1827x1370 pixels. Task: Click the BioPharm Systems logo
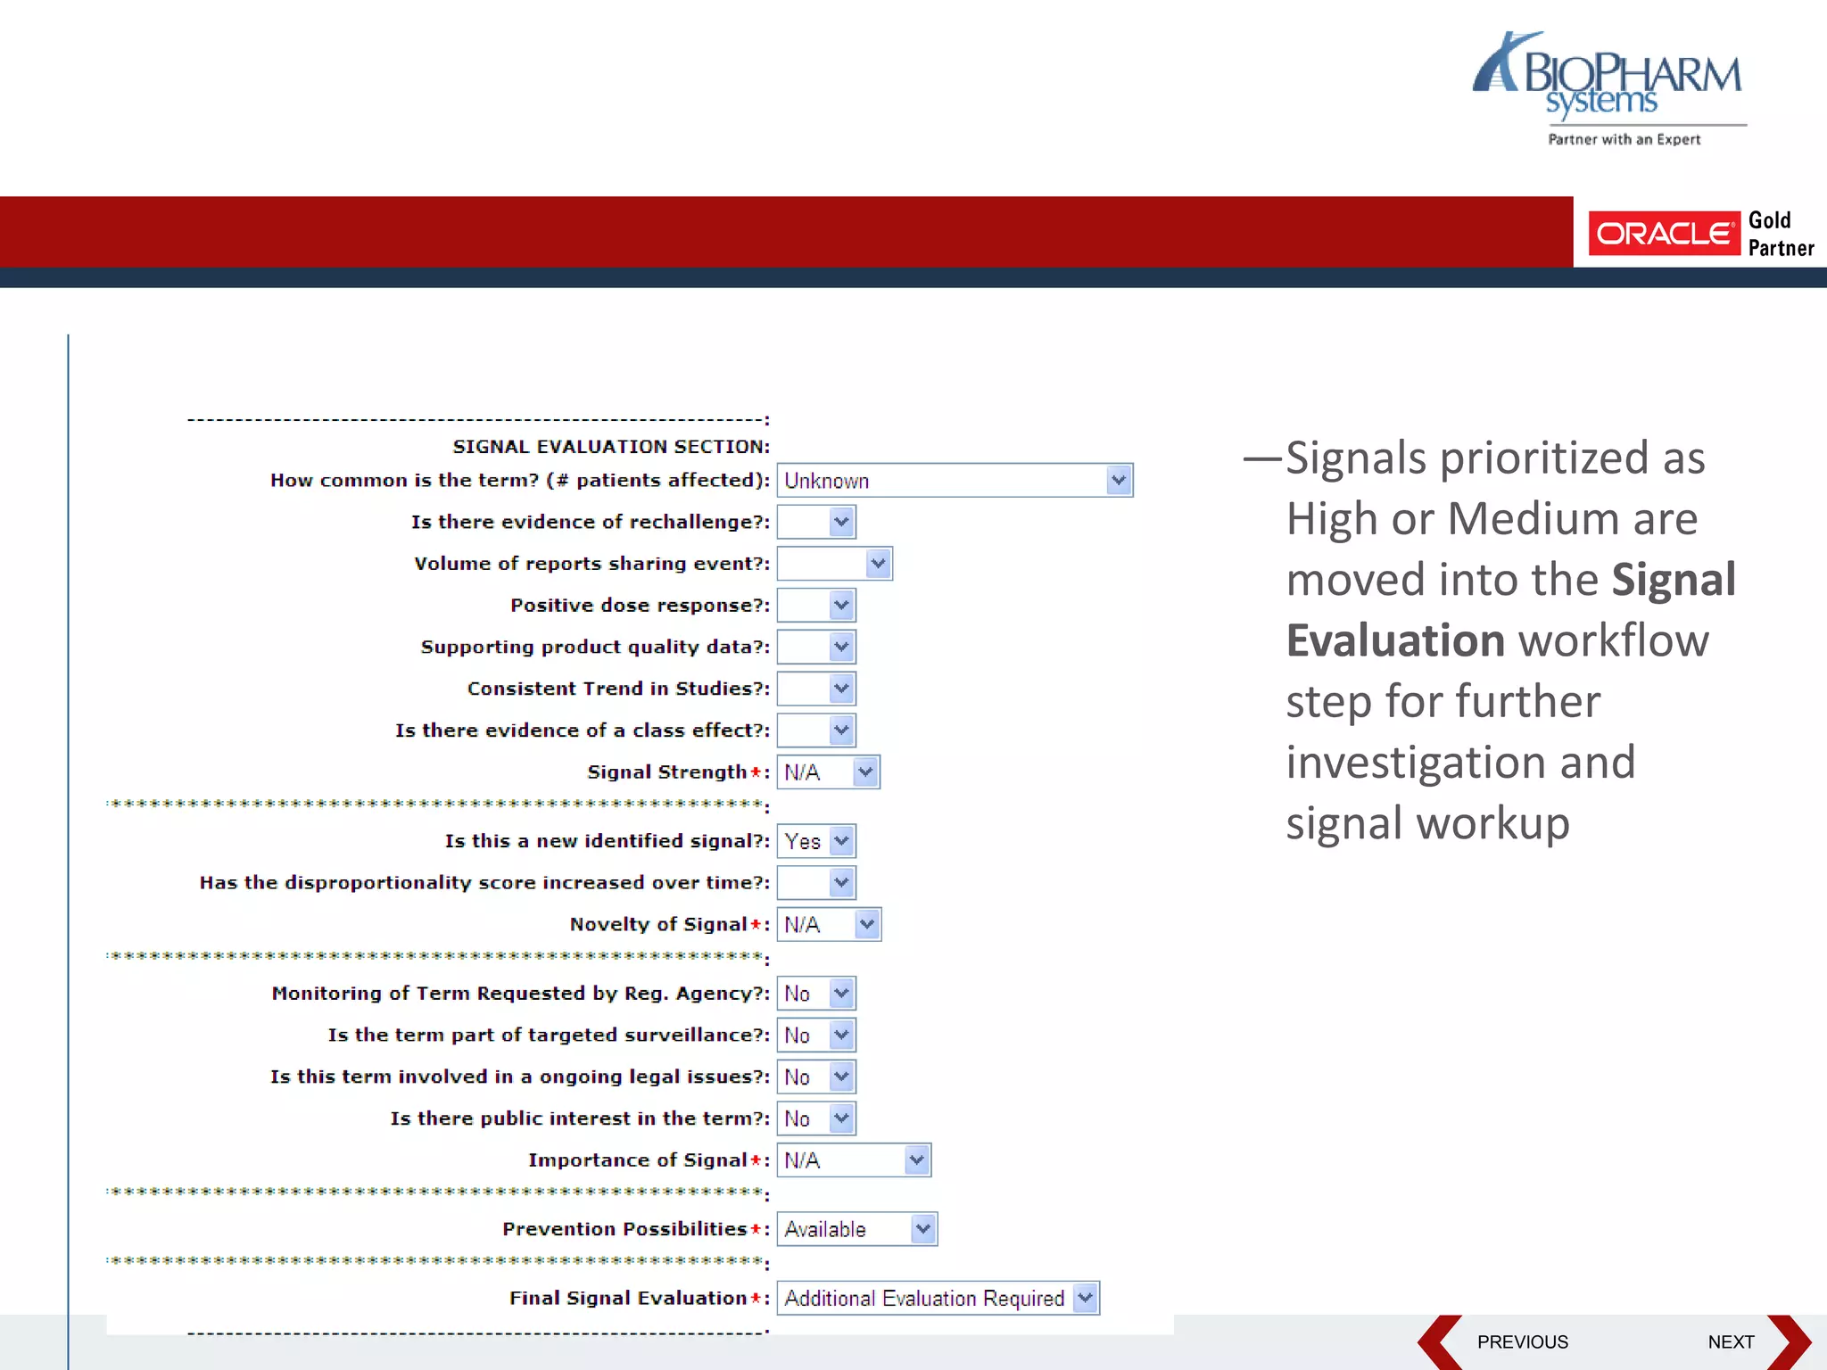[1608, 87]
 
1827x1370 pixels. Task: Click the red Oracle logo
[1664, 234]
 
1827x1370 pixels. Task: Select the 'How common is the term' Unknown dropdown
[954, 481]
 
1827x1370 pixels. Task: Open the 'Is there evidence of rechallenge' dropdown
[816, 522]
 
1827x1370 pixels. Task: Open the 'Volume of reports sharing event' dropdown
[834, 564]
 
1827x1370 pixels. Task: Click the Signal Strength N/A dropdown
[828, 772]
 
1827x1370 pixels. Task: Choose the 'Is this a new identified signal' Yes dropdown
[816, 841]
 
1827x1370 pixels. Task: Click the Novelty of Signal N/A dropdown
[828, 925]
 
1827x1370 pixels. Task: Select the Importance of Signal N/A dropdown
[853, 1160]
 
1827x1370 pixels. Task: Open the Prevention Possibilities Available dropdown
[856, 1229]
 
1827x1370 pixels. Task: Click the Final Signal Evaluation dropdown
[938, 1299]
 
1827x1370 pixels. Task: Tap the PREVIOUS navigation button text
[1522, 1342]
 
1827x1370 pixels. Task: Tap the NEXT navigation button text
[1730, 1342]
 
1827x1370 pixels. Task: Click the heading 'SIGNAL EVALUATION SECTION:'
[611, 447]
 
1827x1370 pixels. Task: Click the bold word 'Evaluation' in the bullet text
[1395, 640]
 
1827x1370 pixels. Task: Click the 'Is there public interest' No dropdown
[816, 1118]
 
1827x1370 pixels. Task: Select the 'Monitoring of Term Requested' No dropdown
[816, 994]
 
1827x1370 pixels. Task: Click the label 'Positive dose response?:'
[640, 606]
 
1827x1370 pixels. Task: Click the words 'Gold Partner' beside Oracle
[1780, 234]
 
